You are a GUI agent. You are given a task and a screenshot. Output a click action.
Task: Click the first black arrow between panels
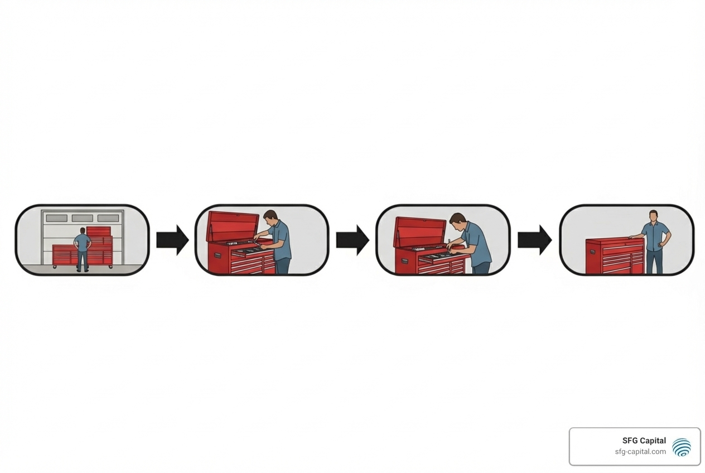click(x=172, y=240)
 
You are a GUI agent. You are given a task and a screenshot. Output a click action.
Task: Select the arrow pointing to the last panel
click(x=534, y=240)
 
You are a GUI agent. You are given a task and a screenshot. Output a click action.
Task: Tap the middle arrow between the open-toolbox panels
click(x=352, y=240)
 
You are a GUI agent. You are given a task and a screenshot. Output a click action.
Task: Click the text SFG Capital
click(x=644, y=440)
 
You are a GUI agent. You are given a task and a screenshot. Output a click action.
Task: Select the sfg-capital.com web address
click(x=640, y=452)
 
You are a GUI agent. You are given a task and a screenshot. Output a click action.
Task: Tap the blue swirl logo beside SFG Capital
click(x=682, y=447)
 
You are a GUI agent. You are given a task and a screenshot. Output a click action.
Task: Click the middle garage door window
click(x=82, y=218)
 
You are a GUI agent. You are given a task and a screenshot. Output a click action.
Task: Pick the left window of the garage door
click(x=57, y=218)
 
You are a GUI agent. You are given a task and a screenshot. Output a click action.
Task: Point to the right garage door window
click(x=108, y=218)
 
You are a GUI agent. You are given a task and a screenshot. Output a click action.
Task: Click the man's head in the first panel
click(x=83, y=231)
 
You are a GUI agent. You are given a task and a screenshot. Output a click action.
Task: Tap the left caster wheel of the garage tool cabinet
click(x=55, y=267)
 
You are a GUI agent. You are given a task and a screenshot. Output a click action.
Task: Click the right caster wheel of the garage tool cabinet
click(x=110, y=267)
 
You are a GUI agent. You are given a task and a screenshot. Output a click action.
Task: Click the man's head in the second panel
click(x=270, y=218)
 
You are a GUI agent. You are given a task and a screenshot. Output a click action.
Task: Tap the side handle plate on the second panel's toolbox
click(x=218, y=255)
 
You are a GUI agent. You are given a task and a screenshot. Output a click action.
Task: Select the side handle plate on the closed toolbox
click(x=593, y=252)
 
